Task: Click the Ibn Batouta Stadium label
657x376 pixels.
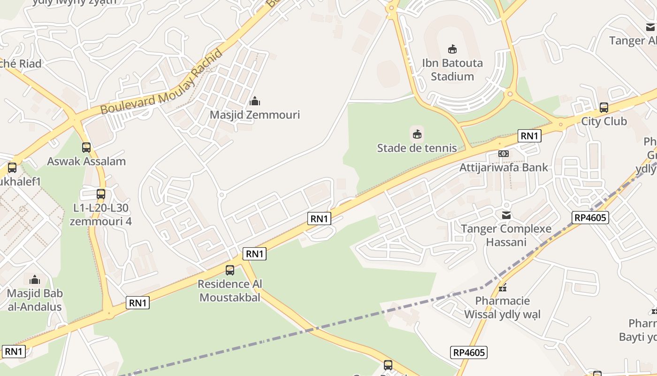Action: coord(452,70)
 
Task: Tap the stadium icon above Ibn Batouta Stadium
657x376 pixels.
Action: coord(452,49)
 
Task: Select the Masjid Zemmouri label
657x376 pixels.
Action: coord(255,115)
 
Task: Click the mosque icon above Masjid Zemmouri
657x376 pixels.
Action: coord(255,101)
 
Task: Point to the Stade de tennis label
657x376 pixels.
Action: coord(417,148)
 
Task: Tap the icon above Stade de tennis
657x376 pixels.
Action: coord(417,134)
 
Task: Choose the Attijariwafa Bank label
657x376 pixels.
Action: coord(504,167)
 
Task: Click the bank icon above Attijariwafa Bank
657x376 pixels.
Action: coord(504,154)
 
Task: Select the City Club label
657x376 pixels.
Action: coord(604,121)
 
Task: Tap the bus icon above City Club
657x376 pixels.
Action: coord(604,108)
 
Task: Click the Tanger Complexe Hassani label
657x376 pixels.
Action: coord(506,235)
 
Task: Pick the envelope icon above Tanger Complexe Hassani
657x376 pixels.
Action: coord(506,215)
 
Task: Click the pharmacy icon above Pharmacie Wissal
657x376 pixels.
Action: coord(503,287)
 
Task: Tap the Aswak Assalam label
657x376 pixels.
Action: coord(86,161)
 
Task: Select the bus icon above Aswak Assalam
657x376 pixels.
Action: coord(86,148)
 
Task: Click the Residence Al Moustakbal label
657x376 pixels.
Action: coord(230,290)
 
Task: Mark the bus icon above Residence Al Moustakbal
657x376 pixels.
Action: coord(230,270)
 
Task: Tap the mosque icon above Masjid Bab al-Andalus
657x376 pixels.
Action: coord(35,280)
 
